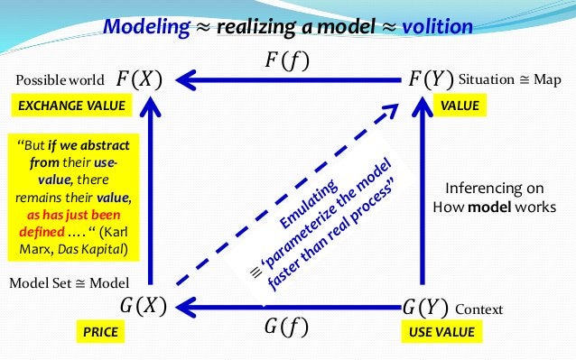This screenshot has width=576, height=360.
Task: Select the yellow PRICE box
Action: [100, 333]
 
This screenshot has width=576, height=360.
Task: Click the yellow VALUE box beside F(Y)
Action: [460, 106]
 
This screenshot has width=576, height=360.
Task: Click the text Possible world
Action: [56, 79]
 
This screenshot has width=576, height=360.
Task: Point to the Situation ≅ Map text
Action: [509, 79]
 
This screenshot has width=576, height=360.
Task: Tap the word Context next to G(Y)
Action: [479, 309]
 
